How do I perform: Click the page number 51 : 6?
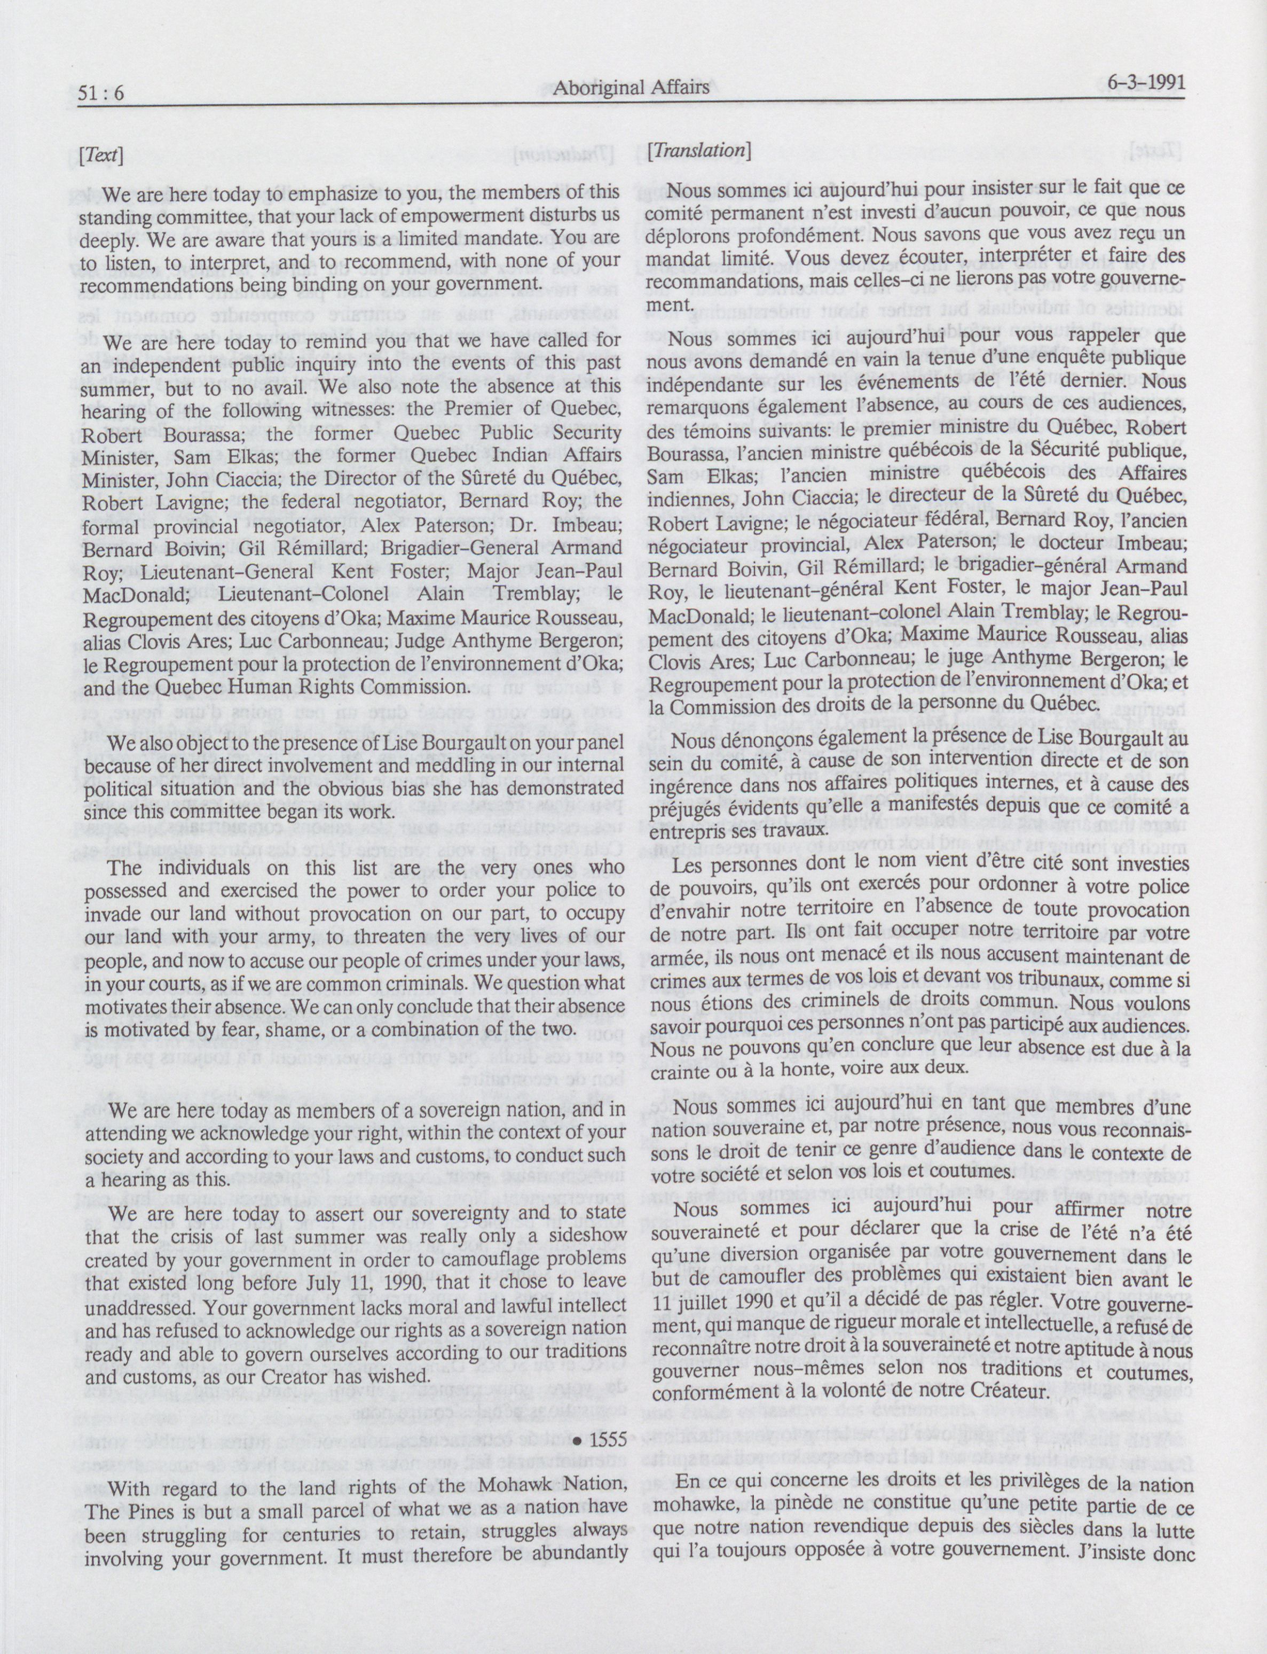(x=101, y=93)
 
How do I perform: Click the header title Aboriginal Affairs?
(x=631, y=88)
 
